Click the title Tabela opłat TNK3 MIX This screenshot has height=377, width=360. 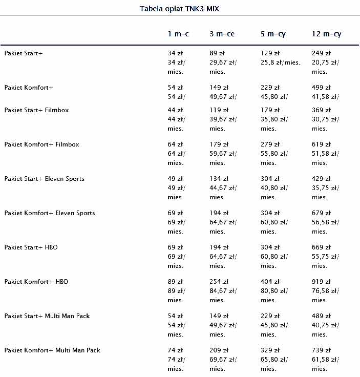(179, 9)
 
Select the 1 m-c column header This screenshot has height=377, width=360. (178, 34)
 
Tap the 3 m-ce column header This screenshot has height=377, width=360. (222, 34)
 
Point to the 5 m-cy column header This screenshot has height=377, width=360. (273, 34)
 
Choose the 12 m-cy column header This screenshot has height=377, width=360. (326, 34)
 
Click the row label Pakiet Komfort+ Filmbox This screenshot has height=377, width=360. (42, 144)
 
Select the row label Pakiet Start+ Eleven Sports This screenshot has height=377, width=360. (45, 179)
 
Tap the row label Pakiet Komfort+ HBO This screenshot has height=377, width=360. (36, 282)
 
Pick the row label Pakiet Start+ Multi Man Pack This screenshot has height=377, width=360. (47, 316)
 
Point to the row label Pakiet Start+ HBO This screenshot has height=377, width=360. (31, 247)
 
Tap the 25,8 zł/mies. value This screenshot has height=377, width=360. (281, 62)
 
